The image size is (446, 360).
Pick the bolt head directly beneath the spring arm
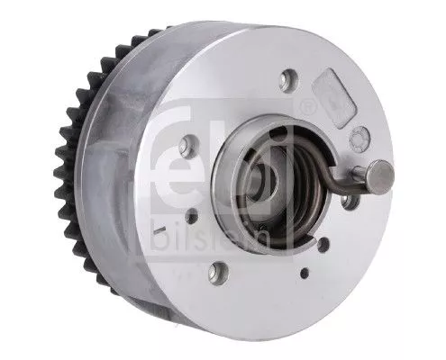click(x=350, y=202)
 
